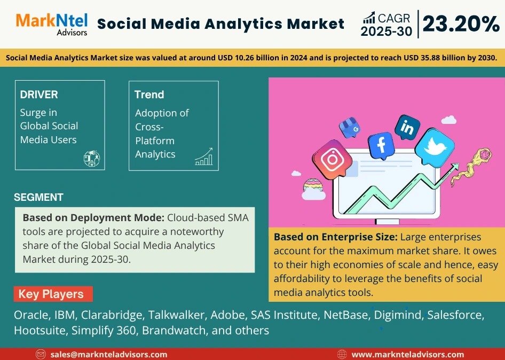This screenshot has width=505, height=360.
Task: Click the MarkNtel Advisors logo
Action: [x=52, y=24]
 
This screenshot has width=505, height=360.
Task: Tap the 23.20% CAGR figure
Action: [x=461, y=24]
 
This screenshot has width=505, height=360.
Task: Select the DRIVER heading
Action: [x=39, y=95]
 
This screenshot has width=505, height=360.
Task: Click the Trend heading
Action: [x=149, y=95]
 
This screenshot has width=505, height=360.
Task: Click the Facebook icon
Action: [x=382, y=145]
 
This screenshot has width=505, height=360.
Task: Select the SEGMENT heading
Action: [x=38, y=197]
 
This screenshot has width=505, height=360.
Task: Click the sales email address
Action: [x=109, y=355]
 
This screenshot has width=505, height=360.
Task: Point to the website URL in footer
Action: [x=408, y=355]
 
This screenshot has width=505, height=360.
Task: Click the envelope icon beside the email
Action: [x=41, y=355]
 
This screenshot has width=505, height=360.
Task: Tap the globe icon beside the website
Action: [x=342, y=355]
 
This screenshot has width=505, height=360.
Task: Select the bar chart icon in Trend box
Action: [x=204, y=156]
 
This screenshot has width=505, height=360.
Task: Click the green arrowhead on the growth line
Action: [x=455, y=167]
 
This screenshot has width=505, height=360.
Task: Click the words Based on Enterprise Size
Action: [x=336, y=237]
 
